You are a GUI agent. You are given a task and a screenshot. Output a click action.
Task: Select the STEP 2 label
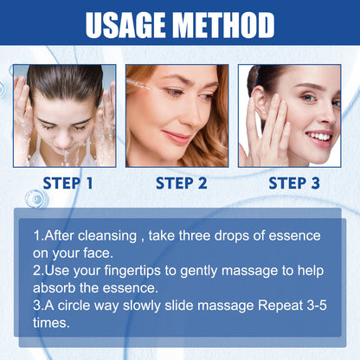tap(181, 183)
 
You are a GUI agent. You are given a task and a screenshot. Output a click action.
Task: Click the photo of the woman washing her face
tap(65, 115)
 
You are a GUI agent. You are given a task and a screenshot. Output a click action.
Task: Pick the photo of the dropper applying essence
tap(177, 115)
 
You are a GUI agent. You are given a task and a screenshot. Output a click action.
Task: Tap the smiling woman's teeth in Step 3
tap(318, 136)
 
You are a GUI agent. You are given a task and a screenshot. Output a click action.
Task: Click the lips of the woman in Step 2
tap(179, 138)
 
